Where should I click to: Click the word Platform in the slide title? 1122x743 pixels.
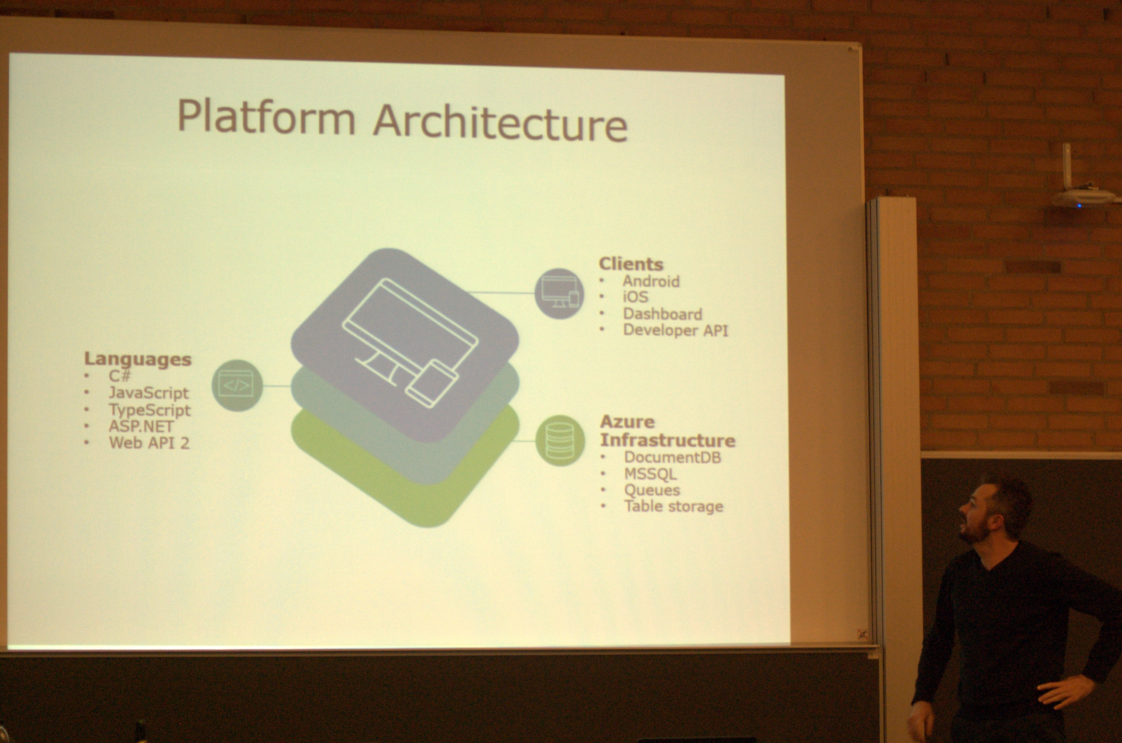click(x=266, y=118)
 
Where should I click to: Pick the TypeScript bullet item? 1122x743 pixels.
click(x=150, y=410)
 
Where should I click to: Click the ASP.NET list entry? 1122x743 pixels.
click(x=141, y=426)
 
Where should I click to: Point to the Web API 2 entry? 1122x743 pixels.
click(x=149, y=443)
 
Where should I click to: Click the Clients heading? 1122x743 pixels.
click(x=631, y=264)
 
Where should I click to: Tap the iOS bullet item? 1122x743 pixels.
click(x=635, y=297)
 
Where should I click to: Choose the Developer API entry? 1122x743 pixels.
click(x=675, y=330)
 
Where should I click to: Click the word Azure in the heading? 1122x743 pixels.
click(x=627, y=422)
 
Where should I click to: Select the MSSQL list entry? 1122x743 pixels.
click(x=650, y=474)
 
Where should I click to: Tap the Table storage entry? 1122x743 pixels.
click(x=673, y=507)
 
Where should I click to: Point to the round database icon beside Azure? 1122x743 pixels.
click(x=560, y=441)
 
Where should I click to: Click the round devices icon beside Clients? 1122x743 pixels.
click(x=560, y=293)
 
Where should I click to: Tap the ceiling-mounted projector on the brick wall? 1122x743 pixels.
click(x=1082, y=195)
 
